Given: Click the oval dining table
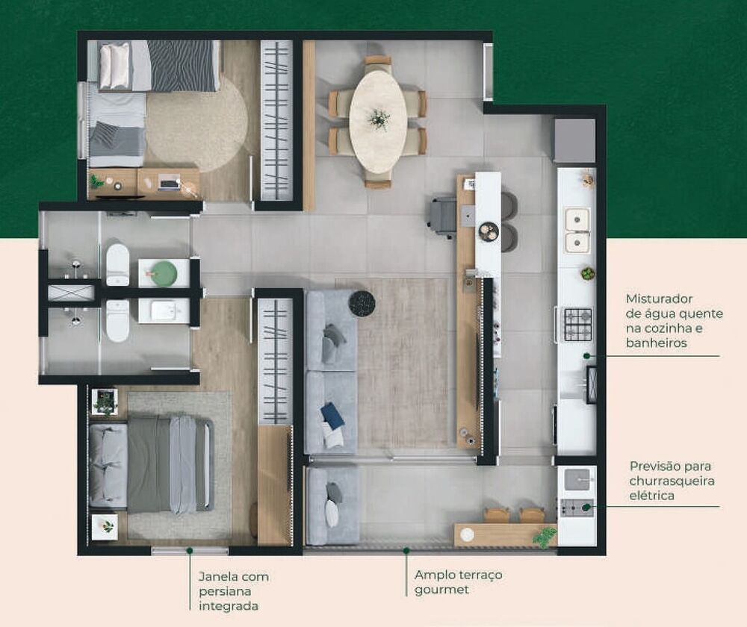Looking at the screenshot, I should click(378, 122).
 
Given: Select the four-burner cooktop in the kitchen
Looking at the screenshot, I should click(577, 324).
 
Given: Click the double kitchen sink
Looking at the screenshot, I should click(577, 230).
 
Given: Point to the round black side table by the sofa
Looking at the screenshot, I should click(362, 303).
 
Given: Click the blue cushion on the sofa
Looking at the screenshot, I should click(332, 416).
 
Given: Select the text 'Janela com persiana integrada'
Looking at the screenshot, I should click(234, 590).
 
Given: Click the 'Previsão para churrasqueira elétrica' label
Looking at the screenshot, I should click(672, 480).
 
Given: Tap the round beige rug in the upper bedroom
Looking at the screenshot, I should click(196, 124).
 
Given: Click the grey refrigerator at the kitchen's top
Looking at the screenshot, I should click(574, 140).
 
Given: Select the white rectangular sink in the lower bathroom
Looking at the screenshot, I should click(164, 311).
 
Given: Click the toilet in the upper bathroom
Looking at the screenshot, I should click(117, 264).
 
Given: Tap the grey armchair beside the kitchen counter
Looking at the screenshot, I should click(443, 216).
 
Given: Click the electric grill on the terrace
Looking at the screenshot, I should click(577, 508).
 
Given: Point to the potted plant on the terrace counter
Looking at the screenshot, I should click(546, 535).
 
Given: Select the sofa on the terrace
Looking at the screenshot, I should click(332, 505).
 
